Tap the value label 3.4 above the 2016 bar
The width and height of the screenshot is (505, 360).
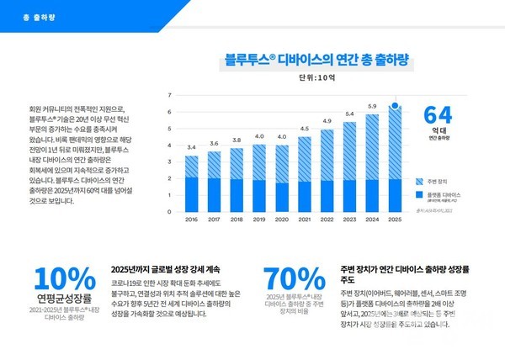pos(191,147)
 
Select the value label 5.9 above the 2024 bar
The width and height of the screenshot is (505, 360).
pos(371,106)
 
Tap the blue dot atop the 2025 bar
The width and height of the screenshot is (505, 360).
pos(394,106)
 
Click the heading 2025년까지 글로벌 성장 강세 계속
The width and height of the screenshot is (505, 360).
pos(165,269)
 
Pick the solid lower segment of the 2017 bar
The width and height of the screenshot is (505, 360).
pos(214,195)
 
